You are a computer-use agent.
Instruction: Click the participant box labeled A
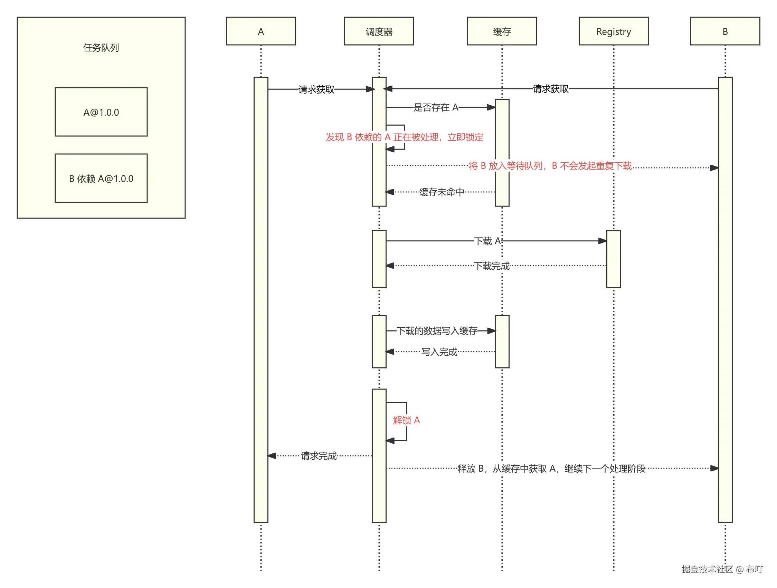click(260, 31)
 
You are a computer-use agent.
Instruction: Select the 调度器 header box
click(379, 31)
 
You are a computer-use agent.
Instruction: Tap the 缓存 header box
click(502, 31)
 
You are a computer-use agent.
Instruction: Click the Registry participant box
click(613, 31)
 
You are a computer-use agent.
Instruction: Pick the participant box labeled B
click(725, 31)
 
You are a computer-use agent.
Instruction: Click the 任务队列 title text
click(101, 47)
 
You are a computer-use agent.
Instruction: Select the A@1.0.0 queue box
click(101, 112)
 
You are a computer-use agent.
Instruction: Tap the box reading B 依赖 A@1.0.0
click(101, 178)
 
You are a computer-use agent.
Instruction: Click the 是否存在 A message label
click(436, 107)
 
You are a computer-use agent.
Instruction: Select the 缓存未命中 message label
click(442, 192)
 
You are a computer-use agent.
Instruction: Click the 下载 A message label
click(487, 241)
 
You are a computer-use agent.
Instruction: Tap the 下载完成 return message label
click(491, 266)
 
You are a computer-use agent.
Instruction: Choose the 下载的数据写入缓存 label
click(437, 331)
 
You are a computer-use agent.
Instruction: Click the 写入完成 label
click(439, 352)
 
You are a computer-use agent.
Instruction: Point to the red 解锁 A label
click(406, 420)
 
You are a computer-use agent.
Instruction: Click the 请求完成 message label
click(318, 456)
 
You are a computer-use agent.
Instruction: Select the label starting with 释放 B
click(551, 469)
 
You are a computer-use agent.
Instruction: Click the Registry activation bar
click(613, 259)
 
